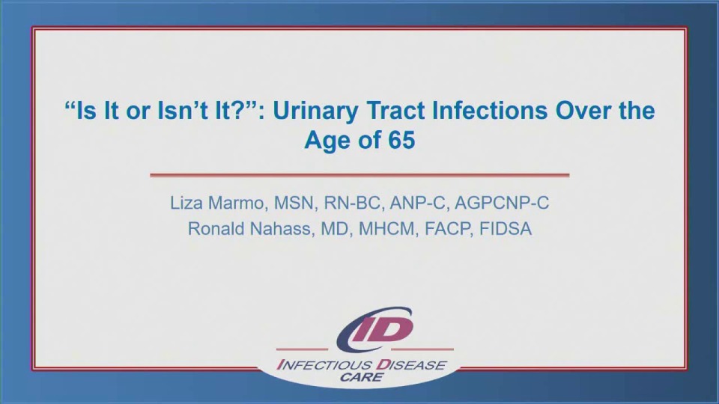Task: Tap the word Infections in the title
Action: pyautogui.click(x=482, y=111)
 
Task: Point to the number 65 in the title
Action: pyautogui.click(x=401, y=140)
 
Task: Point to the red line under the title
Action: pyautogui.click(x=359, y=175)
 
